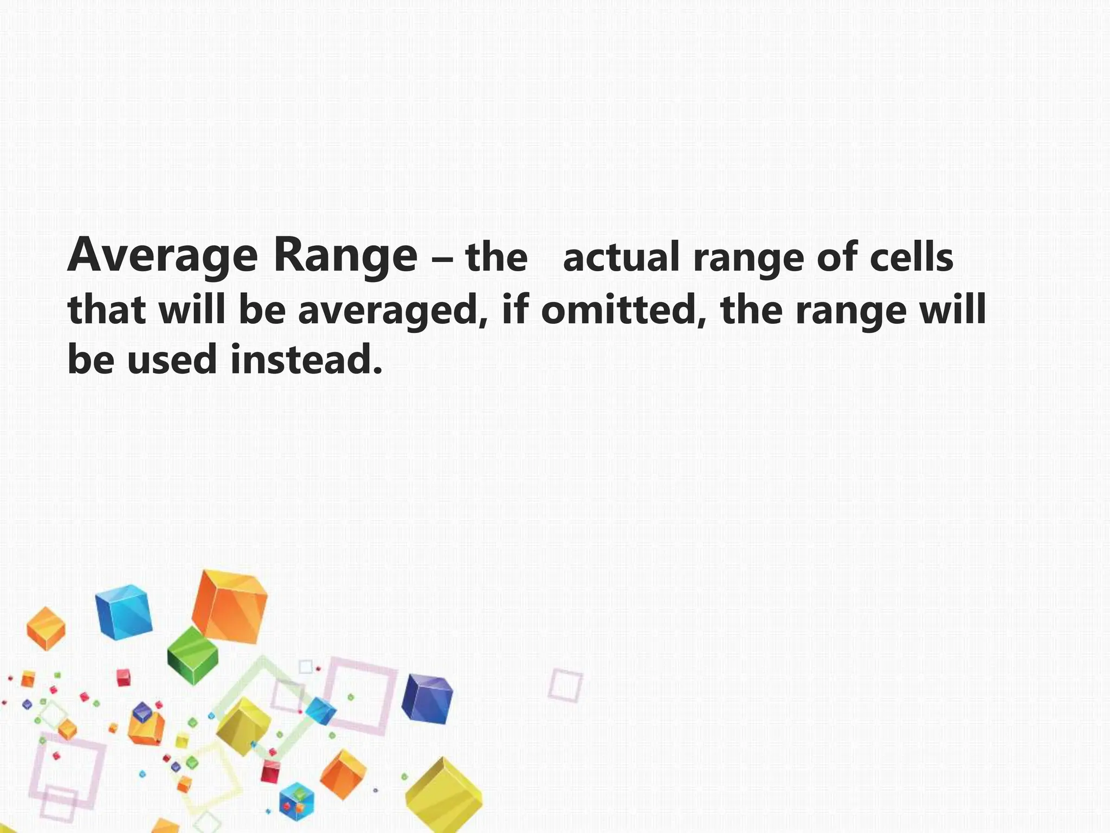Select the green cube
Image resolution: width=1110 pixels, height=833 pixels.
(x=192, y=656)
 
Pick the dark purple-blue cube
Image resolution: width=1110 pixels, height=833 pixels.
(x=427, y=699)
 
